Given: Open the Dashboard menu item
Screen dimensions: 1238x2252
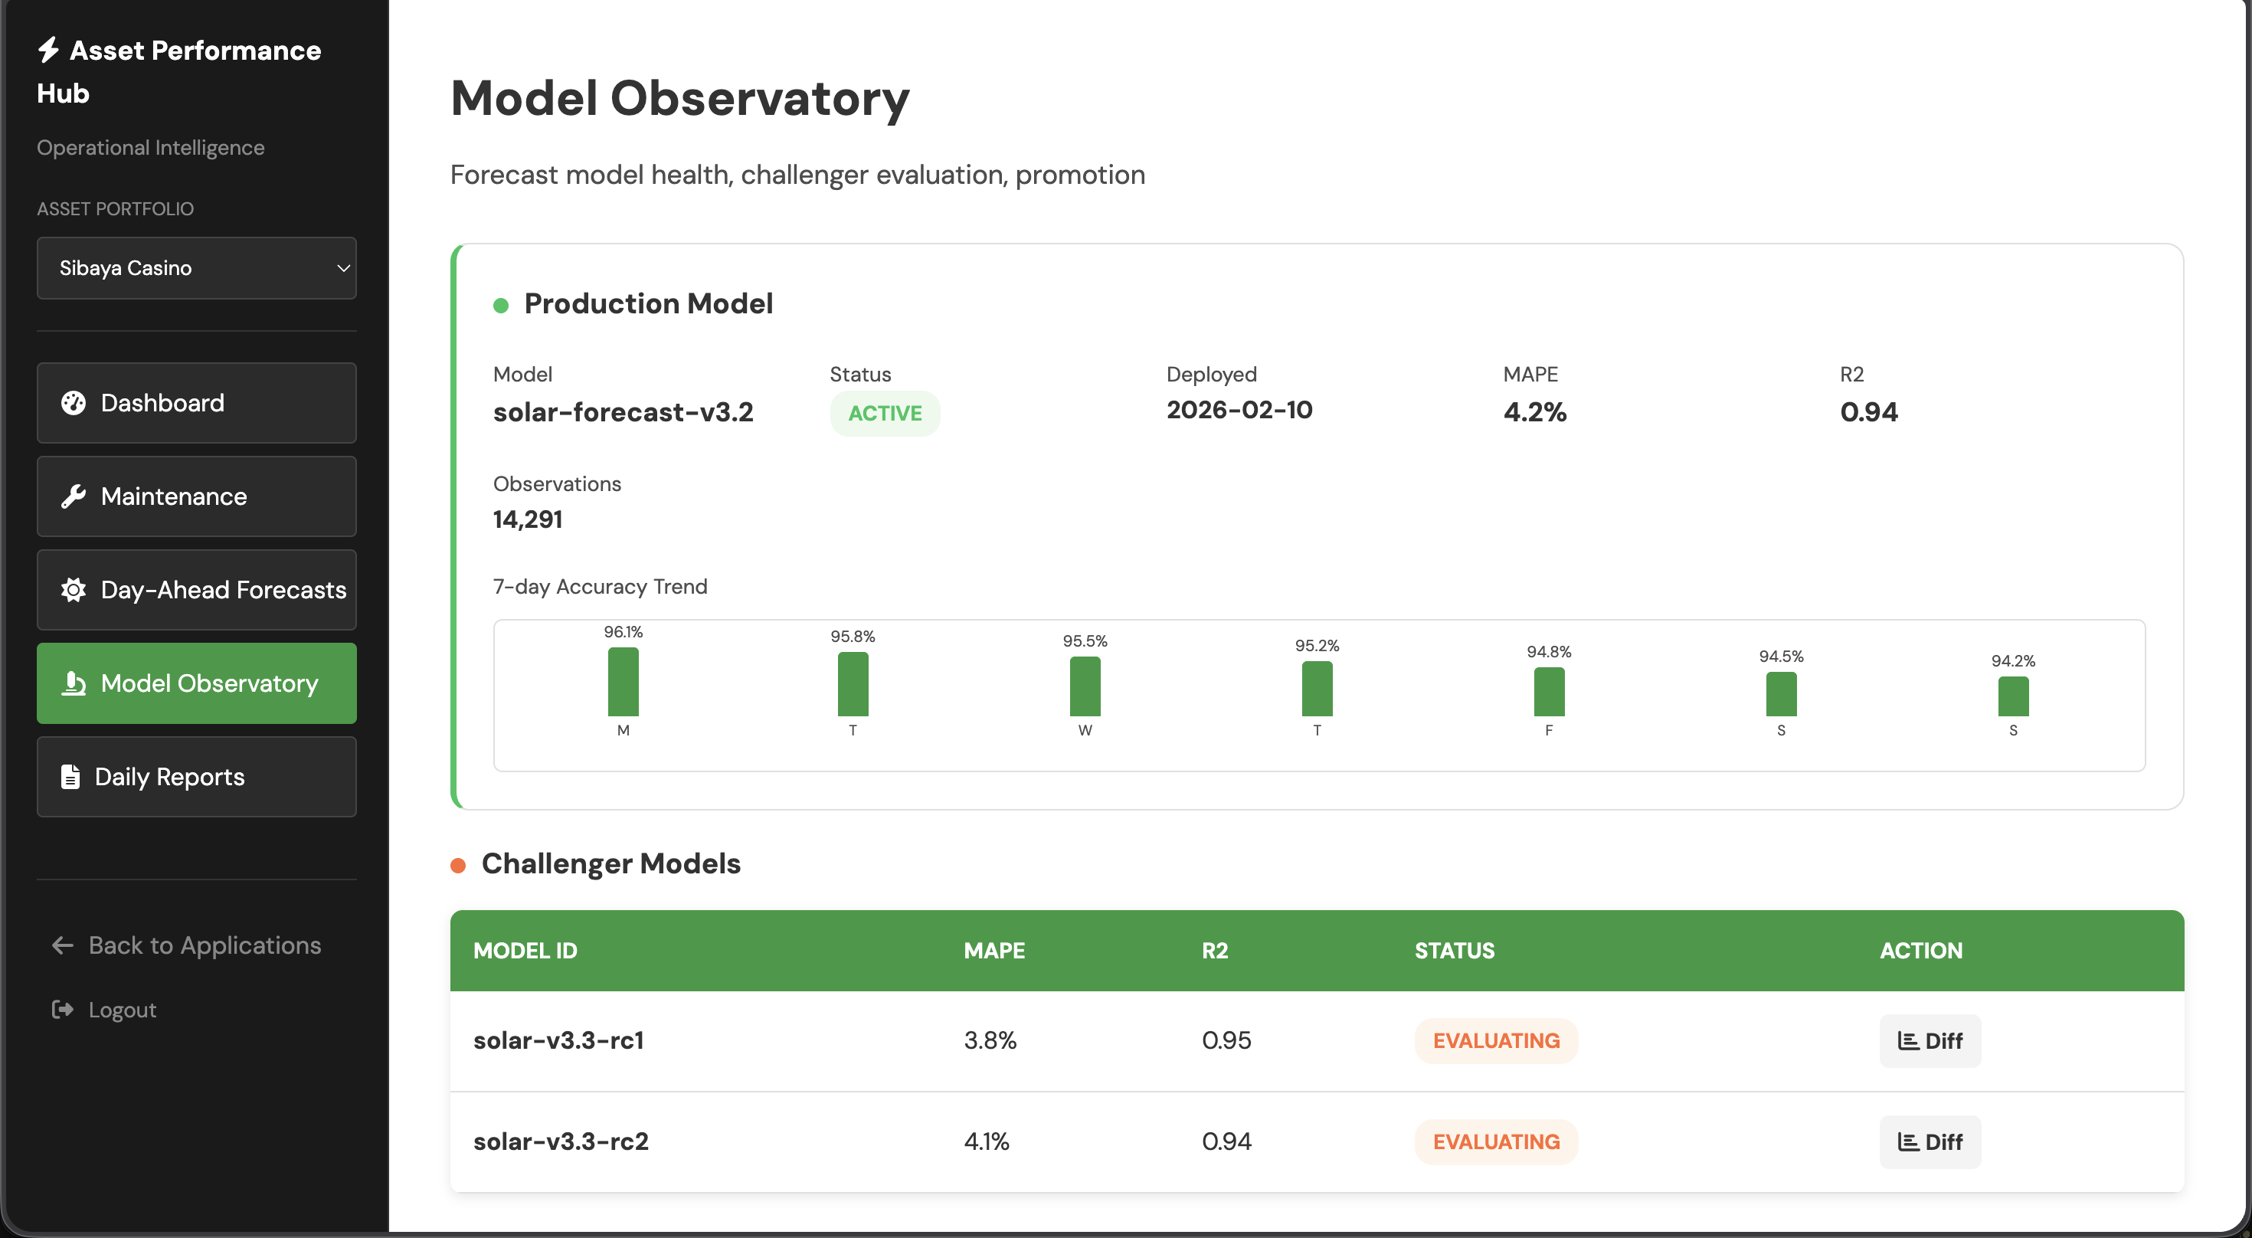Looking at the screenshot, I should pyautogui.click(x=196, y=403).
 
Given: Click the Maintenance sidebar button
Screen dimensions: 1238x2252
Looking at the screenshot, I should pyautogui.click(x=196, y=496).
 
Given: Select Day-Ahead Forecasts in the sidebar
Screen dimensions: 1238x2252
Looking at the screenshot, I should pyautogui.click(x=196, y=590).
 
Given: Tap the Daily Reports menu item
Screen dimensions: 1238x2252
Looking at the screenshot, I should pyautogui.click(x=196, y=778).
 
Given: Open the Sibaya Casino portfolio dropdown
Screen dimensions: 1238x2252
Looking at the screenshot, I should pyautogui.click(x=196, y=268).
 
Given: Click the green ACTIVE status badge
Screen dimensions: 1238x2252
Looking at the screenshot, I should pyautogui.click(x=885, y=414).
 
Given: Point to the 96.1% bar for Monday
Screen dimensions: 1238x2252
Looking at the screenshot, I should pyautogui.click(x=624, y=682).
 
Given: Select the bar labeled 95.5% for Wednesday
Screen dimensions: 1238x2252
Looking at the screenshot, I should pyautogui.click(x=1085, y=686).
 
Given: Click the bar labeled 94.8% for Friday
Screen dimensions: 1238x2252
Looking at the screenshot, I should pyautogui.click(x=1548, y=693).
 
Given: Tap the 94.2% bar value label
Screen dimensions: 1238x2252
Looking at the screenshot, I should pyautogui.click(x=2012, y=661).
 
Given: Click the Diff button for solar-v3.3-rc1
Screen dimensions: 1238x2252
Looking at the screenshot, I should pyautogui.click(x=1930, y=1041).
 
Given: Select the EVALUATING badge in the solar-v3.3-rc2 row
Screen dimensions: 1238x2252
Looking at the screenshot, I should pyautogui.click(x=1496, y=1141).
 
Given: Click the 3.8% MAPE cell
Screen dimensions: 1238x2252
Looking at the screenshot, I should pyautogui.click(x=990, y=1040).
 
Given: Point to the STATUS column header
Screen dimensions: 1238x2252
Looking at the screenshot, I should pyautogui.click(x=1454, y=951).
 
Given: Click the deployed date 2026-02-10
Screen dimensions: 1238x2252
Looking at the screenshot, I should pyautogui.click(x=1239, y=410).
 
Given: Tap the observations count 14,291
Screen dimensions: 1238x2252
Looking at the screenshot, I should pyautogui.click(x=527, y=519).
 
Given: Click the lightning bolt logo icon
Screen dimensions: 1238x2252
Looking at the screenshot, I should pyautogui.click(x=48, y=50).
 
